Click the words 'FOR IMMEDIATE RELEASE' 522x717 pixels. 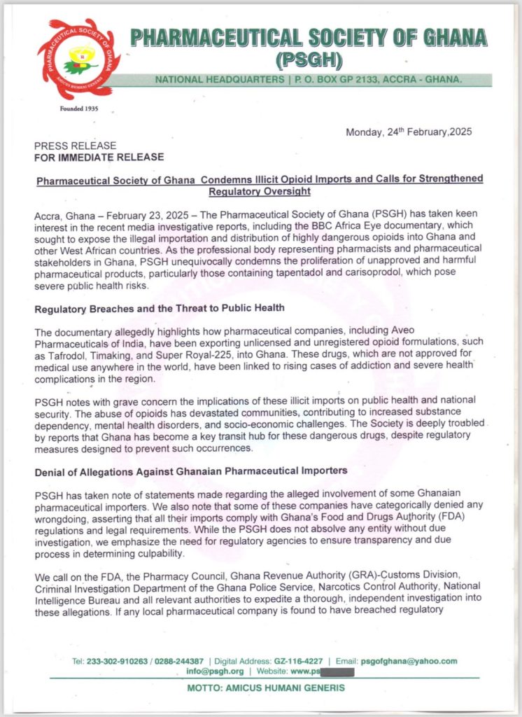99,157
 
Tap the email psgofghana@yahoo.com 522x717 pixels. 412,661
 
